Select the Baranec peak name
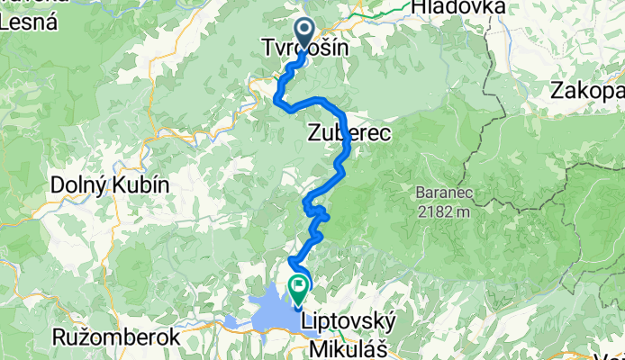439,192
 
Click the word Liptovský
347,321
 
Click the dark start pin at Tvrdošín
304,33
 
